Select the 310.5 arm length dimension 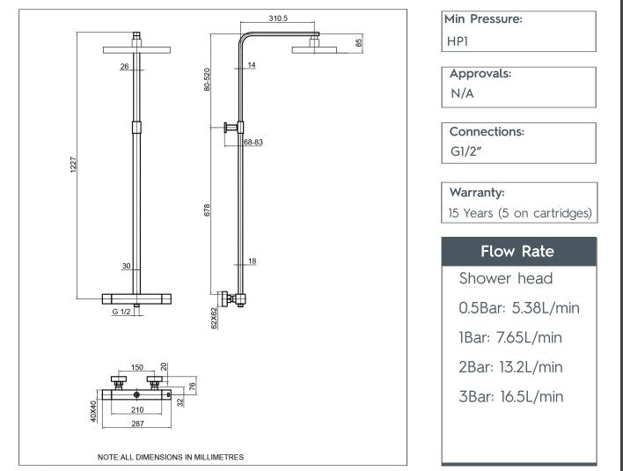(x=280, y=18)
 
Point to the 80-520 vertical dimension (x=208, y=80)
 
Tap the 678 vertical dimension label (x=208, y=211)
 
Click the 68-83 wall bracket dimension (x=253, y=141)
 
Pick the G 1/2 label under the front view (x=121, y=312)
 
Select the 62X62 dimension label (x=214, y=318)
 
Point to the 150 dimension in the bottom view (x=136, y=367)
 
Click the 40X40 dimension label (x=93, y=411)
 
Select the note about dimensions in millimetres (x=170, y=457)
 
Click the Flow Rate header (x=517, y=252)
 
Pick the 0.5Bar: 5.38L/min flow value (x=519, y=308)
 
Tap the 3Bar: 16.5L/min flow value (x=511, y=396)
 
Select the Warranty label (x=476, y=191)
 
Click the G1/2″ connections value (x=467, y=151)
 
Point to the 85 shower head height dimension (x=359, y=42)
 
